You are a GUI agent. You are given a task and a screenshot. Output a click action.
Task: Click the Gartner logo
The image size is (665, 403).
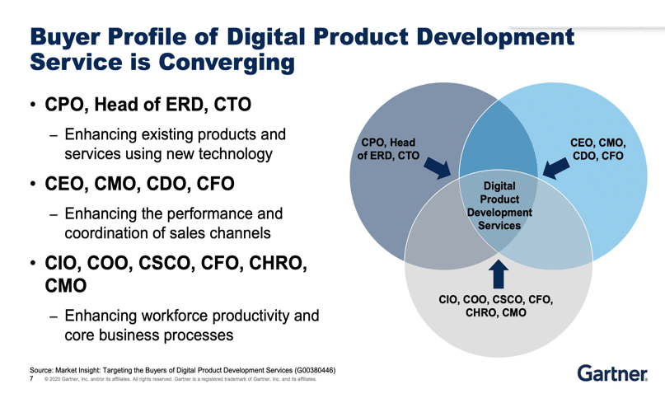[x=612, y=373]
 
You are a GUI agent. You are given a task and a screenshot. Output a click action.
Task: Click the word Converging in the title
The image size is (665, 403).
[x=227, y=63]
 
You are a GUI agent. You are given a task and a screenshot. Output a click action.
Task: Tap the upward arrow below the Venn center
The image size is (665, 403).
[x=499, y=274]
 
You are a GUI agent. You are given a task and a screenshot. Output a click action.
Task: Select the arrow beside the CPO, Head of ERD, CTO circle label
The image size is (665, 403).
[x=438, y=168]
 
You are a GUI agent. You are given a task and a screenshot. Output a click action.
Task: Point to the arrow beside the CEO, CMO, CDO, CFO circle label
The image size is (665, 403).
[x=556, y=168]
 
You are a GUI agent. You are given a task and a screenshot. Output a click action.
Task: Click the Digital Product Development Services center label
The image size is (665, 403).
[x=499, y=206]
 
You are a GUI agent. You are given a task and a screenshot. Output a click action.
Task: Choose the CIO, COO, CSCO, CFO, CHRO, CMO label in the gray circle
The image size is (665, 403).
[x=496, y=306]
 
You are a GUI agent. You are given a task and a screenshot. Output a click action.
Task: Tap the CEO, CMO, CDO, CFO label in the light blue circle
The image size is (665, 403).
[x=598, y=149]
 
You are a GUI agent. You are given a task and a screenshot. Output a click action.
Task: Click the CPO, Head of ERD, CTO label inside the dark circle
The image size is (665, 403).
[x=388, y=149]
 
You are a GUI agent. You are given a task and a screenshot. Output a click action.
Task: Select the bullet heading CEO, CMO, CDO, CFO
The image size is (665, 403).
[x=139, y=184]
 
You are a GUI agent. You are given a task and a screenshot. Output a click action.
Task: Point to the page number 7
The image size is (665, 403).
[x=31, y=378]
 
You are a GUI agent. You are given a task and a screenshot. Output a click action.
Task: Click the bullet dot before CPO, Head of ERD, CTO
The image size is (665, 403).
[x=33, y=105]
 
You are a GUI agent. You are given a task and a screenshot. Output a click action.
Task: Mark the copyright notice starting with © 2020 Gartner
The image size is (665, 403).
[x=180, y=379]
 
